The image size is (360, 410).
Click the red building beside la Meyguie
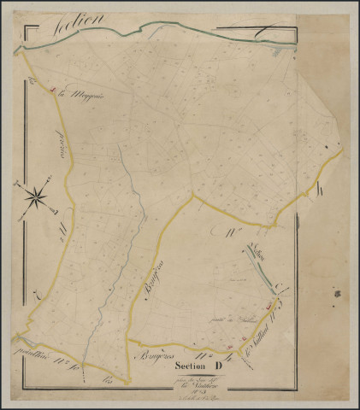53,90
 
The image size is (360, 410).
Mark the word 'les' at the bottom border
109,382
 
